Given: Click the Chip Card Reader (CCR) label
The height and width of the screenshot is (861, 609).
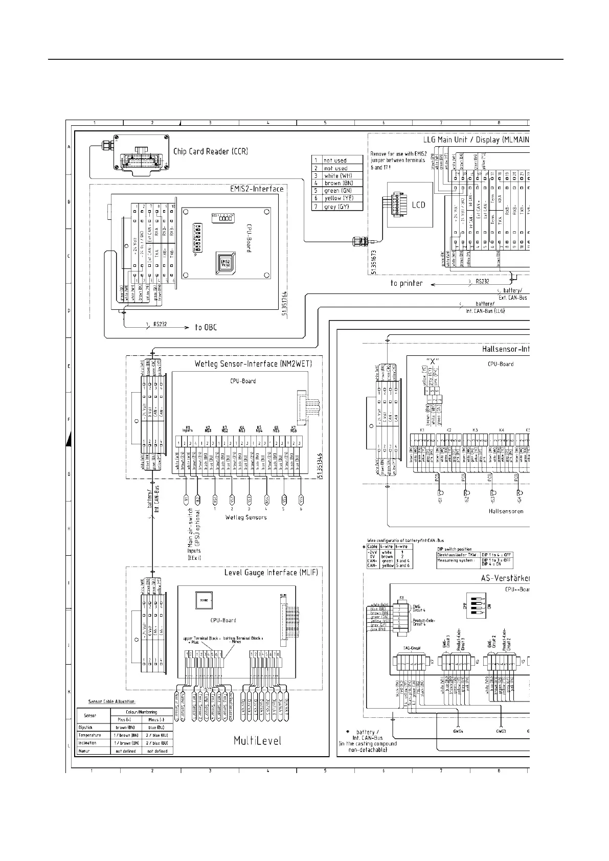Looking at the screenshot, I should tap(210, 151).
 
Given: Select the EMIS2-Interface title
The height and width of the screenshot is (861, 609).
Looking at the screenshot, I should tap(257, 189).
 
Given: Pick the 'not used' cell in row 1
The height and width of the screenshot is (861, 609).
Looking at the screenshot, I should tap(335, 161).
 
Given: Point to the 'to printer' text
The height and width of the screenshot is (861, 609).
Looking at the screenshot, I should tap(407, 283).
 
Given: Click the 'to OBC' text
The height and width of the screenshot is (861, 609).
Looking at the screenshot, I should tap(206, 327).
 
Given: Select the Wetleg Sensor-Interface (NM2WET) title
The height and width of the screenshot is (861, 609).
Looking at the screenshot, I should tap(253, 364).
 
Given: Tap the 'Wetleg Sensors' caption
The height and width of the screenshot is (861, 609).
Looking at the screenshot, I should tap(246, 517).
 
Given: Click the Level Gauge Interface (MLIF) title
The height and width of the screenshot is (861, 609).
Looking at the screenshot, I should tap(271, 573).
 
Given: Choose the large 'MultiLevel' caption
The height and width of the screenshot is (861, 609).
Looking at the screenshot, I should tap(257, 741).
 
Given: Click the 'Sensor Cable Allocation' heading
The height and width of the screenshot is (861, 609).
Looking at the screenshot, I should tap(112, 701).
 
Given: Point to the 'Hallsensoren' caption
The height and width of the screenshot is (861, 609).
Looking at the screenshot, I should tap(506, 511).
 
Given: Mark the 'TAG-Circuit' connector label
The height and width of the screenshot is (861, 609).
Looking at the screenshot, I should tap(411, 648).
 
